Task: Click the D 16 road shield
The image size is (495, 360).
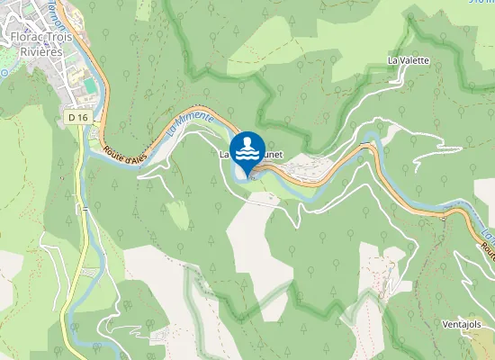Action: pos(77,117)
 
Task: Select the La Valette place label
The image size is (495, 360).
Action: pos(409,60)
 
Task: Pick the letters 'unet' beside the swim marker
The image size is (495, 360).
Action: pos(274,155)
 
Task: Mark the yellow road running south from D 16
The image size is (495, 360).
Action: pos(85,225)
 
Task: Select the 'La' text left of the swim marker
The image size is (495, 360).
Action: pos(226,155)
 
